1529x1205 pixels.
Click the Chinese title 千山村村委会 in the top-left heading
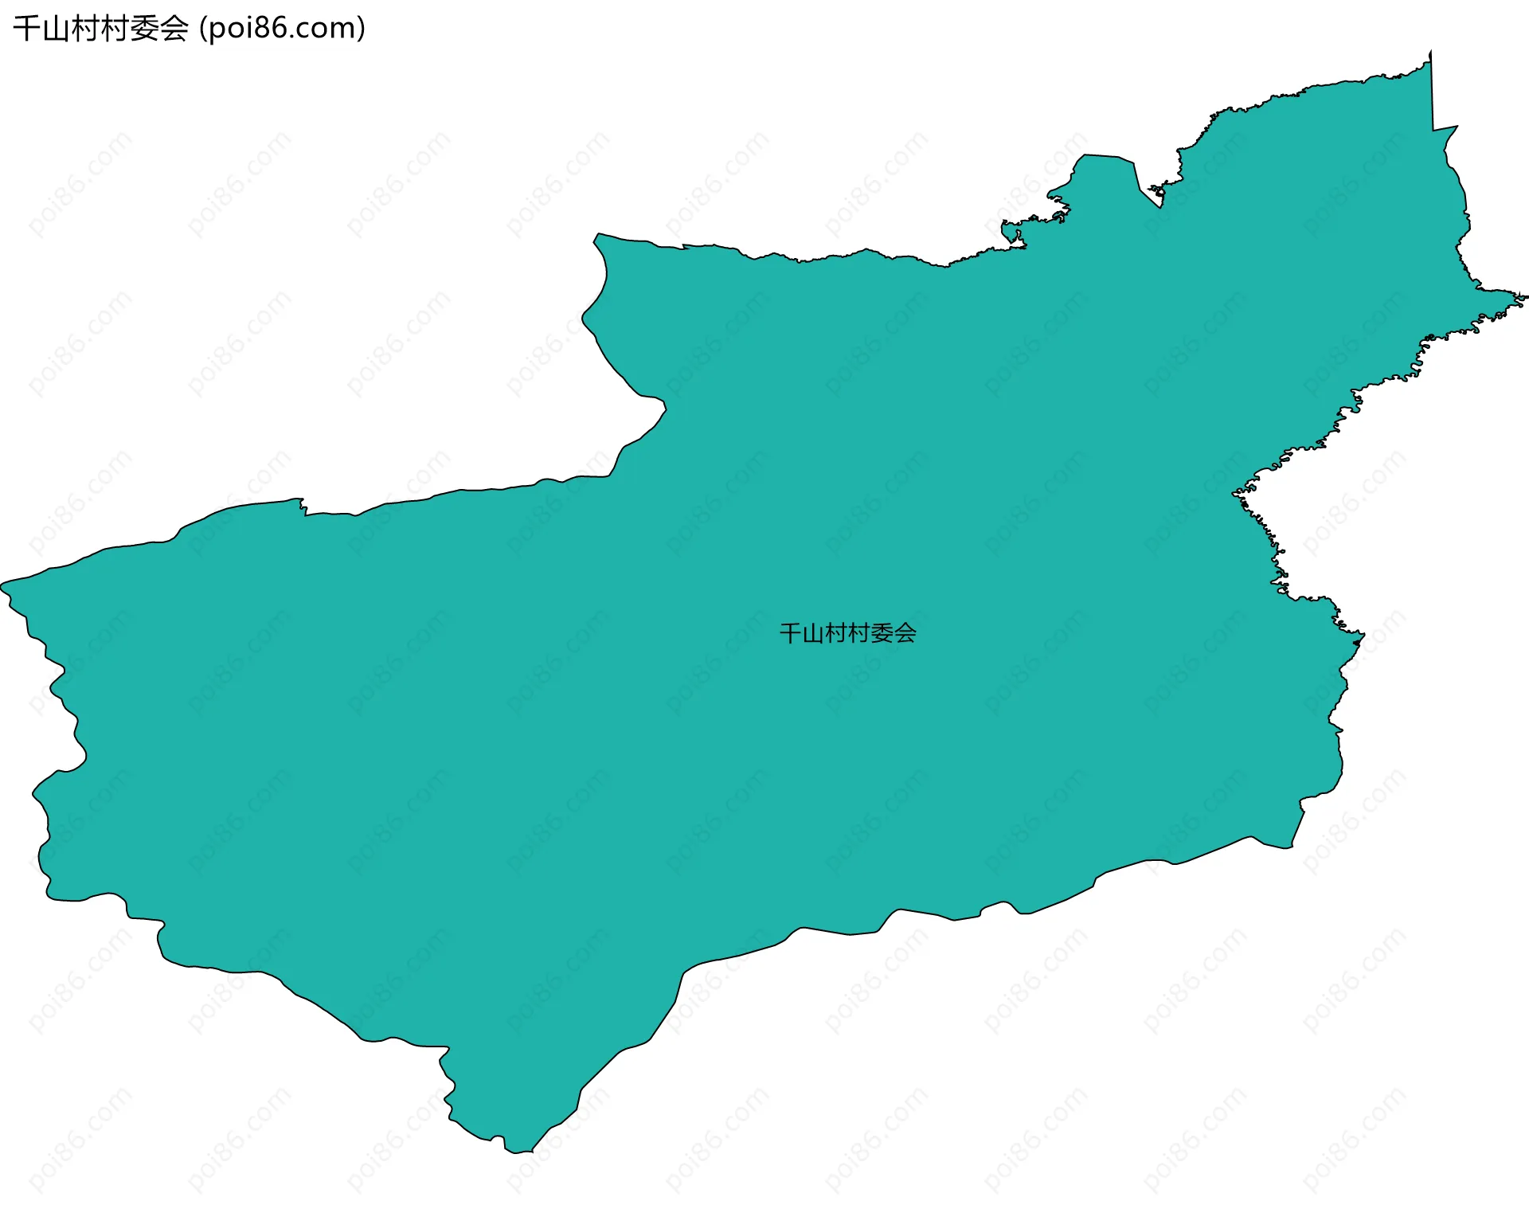[x=100, y=29]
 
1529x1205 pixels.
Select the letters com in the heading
[x=327, y=29]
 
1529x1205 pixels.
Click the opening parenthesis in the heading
[x=203, y=29]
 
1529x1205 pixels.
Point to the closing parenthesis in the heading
[x=362, y=29]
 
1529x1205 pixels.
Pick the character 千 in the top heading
[x=26, y=29]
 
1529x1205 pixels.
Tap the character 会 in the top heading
[x=174, y=29]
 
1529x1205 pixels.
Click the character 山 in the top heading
[x=56, y=29]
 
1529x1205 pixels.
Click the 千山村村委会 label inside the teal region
[x=847, y=633]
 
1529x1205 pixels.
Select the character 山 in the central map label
[x=812, y=633]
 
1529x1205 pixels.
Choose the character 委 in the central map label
[x=882, y=633]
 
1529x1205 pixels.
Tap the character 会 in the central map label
[x=905, y=633]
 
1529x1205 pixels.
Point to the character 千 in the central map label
[x=790, y=633]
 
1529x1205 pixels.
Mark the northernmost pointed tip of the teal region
[x=1430, y=53]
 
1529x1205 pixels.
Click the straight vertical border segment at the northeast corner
[x=1432, y=92]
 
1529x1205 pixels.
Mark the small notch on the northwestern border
[x=303, y=506]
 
